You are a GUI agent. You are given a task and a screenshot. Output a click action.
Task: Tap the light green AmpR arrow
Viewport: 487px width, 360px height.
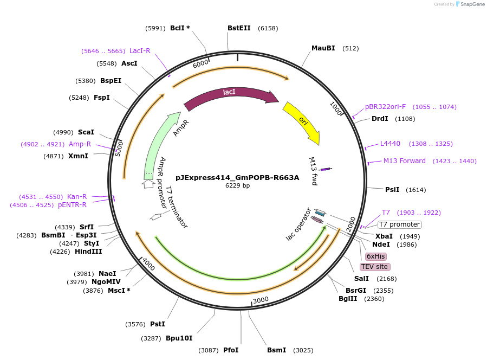point(163,141)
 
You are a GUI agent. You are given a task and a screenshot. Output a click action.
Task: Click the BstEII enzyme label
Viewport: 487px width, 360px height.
point(239,28)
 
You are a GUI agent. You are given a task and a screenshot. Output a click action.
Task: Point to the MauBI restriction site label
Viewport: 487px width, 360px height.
point(323,48)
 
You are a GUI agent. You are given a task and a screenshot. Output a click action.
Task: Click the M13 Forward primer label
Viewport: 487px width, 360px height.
point(405,161)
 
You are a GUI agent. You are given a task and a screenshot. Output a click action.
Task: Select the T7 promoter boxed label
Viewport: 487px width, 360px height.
point(399,224)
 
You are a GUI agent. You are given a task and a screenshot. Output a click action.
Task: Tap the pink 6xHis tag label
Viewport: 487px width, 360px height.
point(375,256)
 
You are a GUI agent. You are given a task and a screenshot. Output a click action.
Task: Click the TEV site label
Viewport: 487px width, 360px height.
point(375,267)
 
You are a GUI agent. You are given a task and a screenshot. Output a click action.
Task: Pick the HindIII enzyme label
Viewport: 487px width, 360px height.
point(88,251)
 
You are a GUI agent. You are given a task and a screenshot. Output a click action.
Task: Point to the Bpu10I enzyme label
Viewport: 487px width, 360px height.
point(179,338)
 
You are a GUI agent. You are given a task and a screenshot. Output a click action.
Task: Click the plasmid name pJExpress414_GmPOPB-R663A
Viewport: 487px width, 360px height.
point(237,177)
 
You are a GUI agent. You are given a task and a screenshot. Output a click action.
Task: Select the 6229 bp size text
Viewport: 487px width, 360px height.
point(237,186)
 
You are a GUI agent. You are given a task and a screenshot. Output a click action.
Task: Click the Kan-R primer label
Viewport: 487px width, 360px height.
point(77,196)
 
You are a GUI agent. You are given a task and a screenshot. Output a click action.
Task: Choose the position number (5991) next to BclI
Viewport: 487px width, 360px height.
point(155,28)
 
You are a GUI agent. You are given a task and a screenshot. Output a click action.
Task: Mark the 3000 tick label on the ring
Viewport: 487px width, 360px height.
point(261,300)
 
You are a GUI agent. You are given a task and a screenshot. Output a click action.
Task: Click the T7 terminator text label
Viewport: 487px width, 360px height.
point(177,207)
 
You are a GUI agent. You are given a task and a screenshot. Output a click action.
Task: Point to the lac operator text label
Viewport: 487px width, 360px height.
point(299,224)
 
